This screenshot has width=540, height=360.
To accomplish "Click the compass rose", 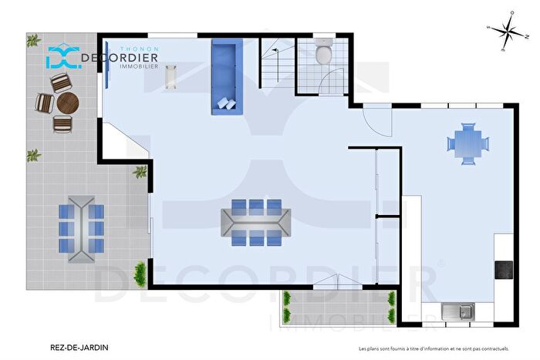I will pyautogui.click(x=506, y=32).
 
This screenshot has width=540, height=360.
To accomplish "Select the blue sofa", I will pyautogui.click(x=224, y=78).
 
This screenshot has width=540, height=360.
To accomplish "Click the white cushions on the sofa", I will pyautogui.click(x=227, y=103).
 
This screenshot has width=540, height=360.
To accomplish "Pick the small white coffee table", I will pyautogui.click(x=171, y=76).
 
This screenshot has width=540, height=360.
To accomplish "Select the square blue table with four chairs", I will pyautogui.click(x=467, y=143).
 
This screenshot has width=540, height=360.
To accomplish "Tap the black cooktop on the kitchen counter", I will pyautogui.click(x=504, y=270).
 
